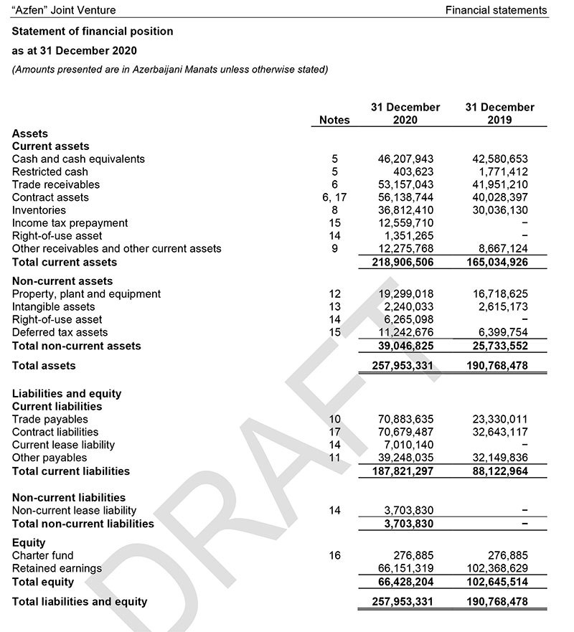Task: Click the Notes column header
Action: point(334,121)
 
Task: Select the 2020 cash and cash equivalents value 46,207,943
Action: point(405,159)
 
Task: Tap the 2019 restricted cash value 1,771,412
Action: point(503,172)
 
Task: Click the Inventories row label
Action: point(39,210)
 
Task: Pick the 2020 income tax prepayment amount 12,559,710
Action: point(405,223)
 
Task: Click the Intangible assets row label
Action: point(53,307)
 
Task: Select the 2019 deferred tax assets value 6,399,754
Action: point(503,333)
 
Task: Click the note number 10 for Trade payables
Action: point(334,419)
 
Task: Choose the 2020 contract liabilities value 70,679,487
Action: point(405,432)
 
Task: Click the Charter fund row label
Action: point(42,555)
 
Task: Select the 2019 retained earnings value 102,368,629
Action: point(499,568)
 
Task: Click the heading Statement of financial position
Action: point(93,32)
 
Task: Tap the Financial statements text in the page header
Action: point(496,11)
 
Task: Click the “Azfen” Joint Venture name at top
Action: point(64,11)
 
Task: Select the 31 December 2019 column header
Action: point(499,113)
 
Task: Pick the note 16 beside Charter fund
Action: point(334,555)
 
